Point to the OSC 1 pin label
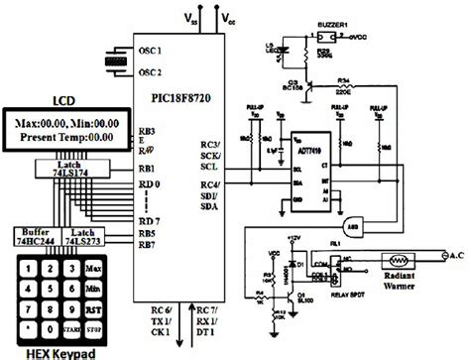click(149, 51)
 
